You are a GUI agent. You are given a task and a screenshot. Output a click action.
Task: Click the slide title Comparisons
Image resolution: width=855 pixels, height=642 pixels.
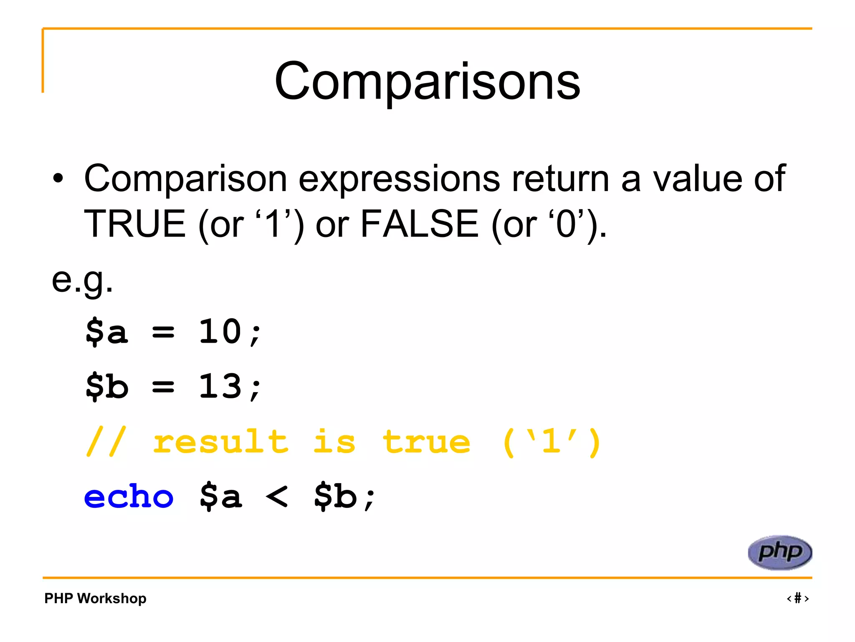427,82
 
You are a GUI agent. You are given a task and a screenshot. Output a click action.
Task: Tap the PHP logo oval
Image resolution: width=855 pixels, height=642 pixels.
779,552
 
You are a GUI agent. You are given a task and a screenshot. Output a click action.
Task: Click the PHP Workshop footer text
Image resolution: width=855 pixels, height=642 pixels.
95,598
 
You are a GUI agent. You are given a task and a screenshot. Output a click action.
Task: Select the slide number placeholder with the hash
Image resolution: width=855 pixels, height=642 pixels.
797,598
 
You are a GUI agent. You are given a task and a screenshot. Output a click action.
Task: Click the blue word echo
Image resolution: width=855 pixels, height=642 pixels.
129,497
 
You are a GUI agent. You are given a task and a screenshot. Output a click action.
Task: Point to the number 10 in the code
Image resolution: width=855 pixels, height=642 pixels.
220,331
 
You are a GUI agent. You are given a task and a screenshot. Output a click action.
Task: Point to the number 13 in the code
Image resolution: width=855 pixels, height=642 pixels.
220,386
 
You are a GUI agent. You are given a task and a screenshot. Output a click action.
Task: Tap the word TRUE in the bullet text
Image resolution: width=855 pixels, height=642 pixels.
135,224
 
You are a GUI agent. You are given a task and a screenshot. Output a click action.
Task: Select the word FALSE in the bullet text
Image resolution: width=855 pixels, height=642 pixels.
419,224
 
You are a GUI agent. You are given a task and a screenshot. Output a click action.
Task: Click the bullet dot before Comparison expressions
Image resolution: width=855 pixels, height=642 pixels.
58,179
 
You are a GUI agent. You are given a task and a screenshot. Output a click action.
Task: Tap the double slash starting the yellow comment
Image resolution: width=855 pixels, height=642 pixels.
105,442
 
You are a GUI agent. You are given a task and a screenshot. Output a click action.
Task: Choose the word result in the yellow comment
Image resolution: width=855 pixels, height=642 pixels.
220,442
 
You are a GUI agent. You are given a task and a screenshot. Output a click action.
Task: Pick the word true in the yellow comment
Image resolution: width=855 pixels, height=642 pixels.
426,442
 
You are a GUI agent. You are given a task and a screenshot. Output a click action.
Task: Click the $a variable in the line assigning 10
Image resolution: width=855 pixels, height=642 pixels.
106,331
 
